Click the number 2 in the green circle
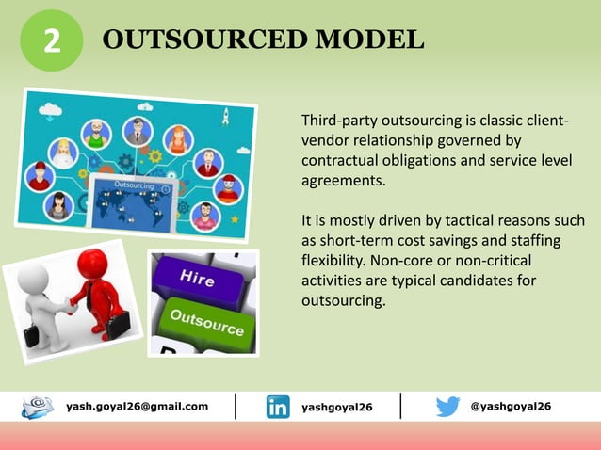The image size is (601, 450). coord(52,41)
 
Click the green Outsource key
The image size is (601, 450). coord(205,321)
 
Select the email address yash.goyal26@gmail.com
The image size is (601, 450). coord(138,406)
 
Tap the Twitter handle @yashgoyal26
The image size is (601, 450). coord(511,406)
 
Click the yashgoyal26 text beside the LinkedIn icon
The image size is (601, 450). coord(336,407)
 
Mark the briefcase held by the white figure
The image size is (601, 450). coord(32,334)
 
